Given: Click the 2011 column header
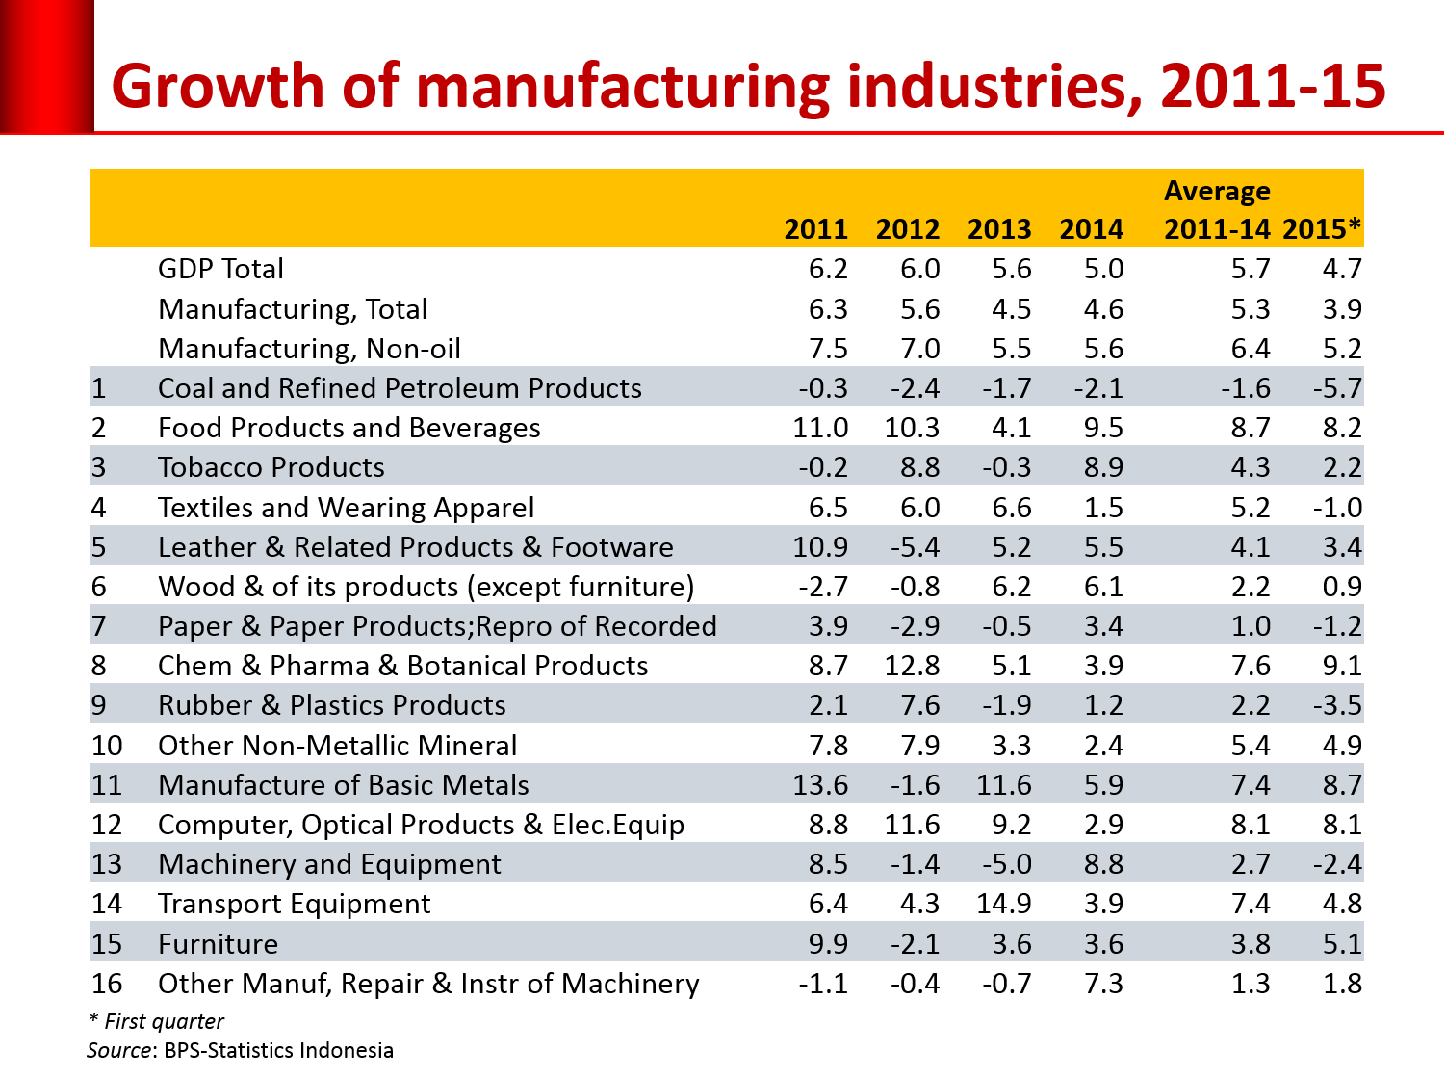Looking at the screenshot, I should point(815,229).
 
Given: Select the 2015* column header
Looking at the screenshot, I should point(1322,229).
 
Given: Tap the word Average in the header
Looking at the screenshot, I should point(1217,192).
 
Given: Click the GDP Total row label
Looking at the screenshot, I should point(220,270).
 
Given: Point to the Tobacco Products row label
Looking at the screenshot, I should point(271,468).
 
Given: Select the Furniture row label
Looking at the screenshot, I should point(218,944).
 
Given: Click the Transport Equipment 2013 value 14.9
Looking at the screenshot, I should point(1003,905).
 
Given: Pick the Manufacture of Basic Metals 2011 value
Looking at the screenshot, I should point(820,786).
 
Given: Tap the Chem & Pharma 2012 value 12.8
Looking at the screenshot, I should point(912,667).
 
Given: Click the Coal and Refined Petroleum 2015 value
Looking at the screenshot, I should point(1337,389).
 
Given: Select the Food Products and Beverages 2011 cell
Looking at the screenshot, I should point(820,429).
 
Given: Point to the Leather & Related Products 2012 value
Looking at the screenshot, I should point(916,548).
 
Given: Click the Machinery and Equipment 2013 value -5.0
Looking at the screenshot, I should point(1007,865).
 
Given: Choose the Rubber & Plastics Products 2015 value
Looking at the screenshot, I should point(1337,706).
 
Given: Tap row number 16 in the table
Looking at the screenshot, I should point(107,985).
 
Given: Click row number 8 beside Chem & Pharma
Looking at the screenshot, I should point(98,667).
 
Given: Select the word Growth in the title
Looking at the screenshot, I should point(219,87).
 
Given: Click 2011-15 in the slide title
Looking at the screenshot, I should point(1273,87).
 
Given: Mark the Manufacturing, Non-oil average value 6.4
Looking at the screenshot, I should point(1251,350).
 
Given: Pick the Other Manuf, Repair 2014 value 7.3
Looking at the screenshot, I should point(1103,985).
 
